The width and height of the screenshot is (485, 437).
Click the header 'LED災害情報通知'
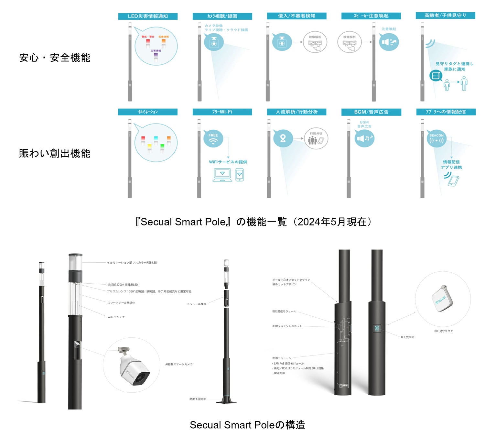coord(148,16)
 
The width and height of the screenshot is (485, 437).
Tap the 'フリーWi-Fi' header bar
coord(222,112)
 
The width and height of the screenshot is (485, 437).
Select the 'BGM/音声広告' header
coord(371,112)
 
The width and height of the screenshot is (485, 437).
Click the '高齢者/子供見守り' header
coord(445,16)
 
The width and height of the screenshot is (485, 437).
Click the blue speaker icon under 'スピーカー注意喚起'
coord(389,42)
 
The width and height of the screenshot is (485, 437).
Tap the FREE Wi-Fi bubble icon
coord(213,138)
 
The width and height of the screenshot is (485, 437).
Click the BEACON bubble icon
coord(436,139)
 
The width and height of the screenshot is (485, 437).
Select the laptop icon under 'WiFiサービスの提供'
coord(222,175)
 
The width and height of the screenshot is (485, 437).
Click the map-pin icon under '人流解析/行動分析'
coord(283,138)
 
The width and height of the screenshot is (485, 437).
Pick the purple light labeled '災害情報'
coord(156,56)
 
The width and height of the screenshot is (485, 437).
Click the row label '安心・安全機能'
coord(55,58)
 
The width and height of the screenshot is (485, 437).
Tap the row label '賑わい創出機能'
coord(55,153)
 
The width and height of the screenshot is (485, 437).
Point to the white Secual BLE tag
coord(442,299)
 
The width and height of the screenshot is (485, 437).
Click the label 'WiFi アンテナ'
coord(116,317)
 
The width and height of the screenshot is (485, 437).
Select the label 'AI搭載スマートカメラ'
coord(179,364)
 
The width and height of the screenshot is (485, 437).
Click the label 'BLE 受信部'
coord(407,337)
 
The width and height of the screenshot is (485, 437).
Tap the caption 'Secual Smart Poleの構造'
coord(247,425)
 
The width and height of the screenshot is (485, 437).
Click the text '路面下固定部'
coord(198,399)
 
